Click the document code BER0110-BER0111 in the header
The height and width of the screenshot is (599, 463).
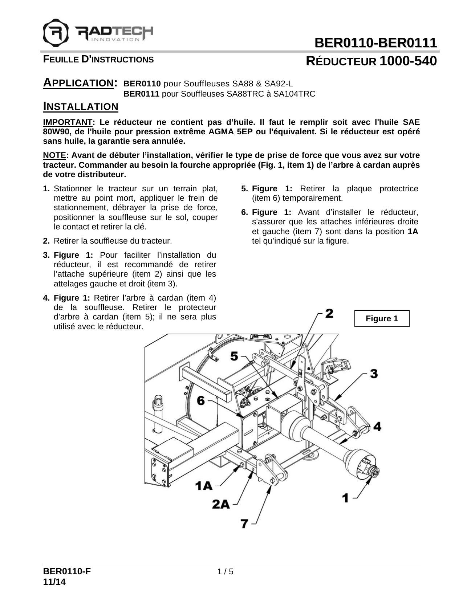[375, 43]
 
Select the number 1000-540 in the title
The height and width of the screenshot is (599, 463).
[408, 61]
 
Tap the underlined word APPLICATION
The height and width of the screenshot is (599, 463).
[78, 83]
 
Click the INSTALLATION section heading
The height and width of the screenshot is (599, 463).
[81, 106]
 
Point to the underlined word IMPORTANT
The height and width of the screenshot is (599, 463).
[68, 122]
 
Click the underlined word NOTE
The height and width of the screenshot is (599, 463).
[54, 155]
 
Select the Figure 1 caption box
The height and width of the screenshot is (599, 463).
[382, 318]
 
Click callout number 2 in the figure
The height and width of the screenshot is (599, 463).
[329, 313]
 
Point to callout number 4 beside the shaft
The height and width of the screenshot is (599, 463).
[377, 426]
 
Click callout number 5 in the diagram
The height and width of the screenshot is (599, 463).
[234, 356]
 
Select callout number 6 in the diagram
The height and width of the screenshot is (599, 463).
[200, 400]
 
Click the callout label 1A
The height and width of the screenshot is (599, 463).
[204, 485]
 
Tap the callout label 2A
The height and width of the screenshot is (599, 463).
[221, 504]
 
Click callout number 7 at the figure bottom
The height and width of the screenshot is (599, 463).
[245, 523]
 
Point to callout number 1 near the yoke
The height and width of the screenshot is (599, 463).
[346, 497]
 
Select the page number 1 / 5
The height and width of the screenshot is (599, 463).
[225, 572]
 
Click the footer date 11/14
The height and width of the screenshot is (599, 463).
[54, 582]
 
